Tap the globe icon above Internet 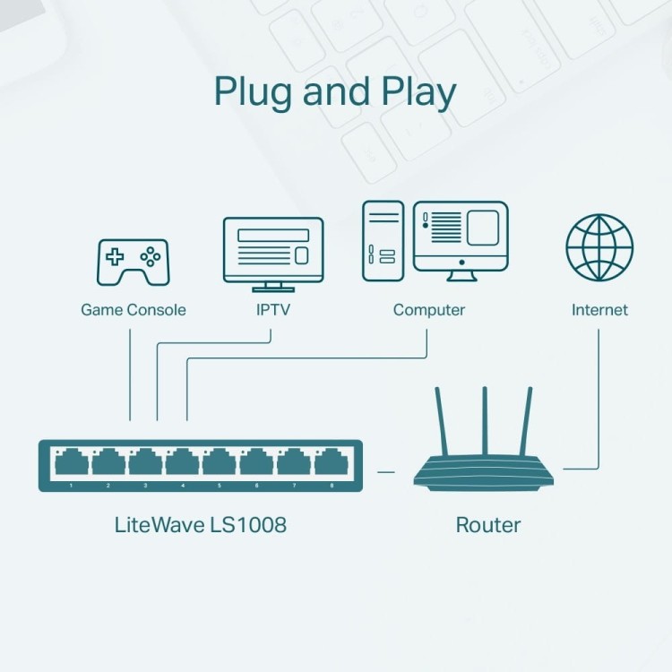pyautogui.click(x=599, y=247)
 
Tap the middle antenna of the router pyautogui.click(x=485, y=421)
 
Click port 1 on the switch pyautogui.click(x=72, y=463)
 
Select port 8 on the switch pyautogui.click(x=331, y=463)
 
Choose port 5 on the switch pyautogui.click(x=220, y=463)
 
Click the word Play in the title pyautogui.click(x=409, y=93)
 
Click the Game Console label pyautogui.click(x=134, y=310)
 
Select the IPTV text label pyautogui.click(x=272, y=310)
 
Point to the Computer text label pyautogui.click(x=428, y=310)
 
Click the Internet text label pyautogui.click(x=599, y=310)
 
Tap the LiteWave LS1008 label pyautogui.click(x=201, y=524)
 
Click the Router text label pyautogui.click(x=487, y=524)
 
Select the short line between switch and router pyautogui.click(x=386, y=470)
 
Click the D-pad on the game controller pyautogui.click(x=116, y=257)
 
